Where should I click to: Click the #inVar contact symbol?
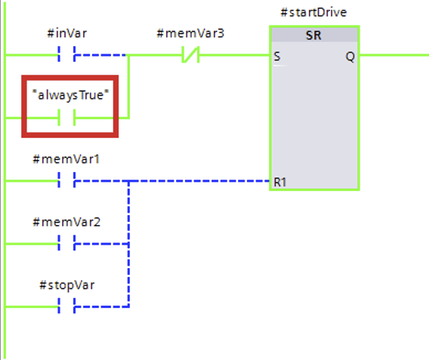(x=66, y=54)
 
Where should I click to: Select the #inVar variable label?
(x=67, y=33)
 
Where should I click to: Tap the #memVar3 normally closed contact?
(x=190, y=54)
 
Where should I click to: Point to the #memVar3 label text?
(x=190, y=33)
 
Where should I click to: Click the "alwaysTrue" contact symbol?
(x=66, y=118)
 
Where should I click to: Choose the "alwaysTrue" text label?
(x=70, y=95)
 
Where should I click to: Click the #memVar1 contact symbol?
(x=66, y=180)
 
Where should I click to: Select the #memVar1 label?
(x=66, y=159)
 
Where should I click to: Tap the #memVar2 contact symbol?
(x=66, y=243)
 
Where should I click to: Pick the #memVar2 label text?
(x=66, y=222)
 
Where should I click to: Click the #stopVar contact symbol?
(x=66, y=306)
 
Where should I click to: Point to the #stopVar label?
(x=67, y=285)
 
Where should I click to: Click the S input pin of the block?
(x=277, y=57)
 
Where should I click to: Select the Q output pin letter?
(x=350, y=57)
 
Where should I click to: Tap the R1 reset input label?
(x=280, y=183)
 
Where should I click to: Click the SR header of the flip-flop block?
(x=313, y=35)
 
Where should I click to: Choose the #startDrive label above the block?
(x=313, y=12)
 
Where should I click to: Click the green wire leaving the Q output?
(x=394, y=55)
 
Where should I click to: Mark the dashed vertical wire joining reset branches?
(x=128, y=244)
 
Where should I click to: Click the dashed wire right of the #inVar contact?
(x=100, y=55)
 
